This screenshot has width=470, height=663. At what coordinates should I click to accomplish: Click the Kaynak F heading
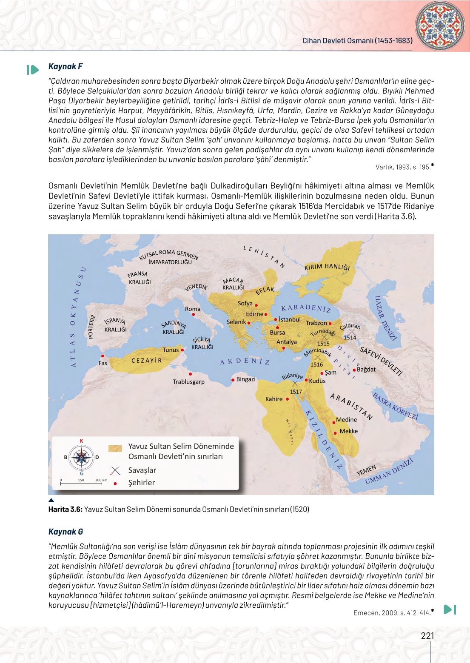(66, 66)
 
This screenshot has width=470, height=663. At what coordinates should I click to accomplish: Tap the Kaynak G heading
(66, 532)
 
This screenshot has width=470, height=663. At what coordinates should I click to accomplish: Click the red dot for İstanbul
(276, 319)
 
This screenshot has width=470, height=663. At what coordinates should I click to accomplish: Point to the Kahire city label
(273, 399)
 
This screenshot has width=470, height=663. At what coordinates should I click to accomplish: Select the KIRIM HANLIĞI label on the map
(327, 267)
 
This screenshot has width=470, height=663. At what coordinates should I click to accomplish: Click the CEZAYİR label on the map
(147, 361)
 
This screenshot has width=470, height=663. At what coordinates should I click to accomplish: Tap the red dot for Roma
(194, 315)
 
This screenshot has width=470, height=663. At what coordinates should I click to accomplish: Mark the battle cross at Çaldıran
(352, 332)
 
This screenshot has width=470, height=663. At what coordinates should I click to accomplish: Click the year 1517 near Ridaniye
(296, 392)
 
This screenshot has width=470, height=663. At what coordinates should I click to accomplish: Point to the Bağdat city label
(366, 370)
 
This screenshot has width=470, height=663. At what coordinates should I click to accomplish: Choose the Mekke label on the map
(348, 431)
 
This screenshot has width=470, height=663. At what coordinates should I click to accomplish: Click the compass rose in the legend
(81, 458)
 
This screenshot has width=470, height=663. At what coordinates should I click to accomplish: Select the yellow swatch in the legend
(115, 448)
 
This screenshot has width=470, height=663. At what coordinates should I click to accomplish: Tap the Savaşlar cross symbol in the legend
(115, 470)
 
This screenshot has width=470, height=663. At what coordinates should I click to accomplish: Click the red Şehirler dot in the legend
(115, 484)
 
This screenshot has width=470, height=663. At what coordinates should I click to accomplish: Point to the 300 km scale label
(101, 480)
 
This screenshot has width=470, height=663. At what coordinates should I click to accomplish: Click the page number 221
(427, 636)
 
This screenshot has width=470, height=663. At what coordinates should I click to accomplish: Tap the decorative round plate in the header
(440, 26)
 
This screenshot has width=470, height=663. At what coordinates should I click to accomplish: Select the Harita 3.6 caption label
(65, 509)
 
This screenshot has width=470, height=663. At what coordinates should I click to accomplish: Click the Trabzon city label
(316, 323)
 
